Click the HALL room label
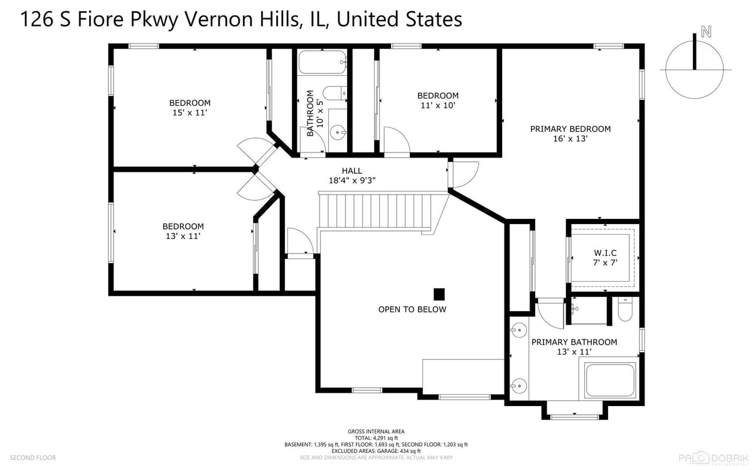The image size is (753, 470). pos(351,171)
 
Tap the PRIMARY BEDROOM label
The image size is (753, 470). pos(570,129)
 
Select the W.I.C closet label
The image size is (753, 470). pos(605,253)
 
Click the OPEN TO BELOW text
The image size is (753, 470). pos(412,309)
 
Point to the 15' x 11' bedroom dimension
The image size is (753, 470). pos(190,112)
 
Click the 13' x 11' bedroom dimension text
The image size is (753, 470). pos(183,236)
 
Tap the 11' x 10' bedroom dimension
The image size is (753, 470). pos(438,105)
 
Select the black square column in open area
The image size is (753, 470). pos(439,294)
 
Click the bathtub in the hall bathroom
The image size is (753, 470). pos(323,62)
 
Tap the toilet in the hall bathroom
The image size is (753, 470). pos(335,93)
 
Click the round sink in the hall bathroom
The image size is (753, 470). pos(338,133)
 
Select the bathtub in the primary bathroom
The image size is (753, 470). pos(610,380)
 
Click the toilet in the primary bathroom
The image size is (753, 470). pos(625,309)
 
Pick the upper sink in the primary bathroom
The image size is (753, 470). pos(519,330)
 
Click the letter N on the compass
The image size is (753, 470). pos(706,31)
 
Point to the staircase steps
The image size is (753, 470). pos(375,211)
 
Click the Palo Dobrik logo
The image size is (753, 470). pos(713,458)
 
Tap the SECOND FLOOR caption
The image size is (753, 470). pos(33,457)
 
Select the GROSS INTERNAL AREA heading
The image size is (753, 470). pos(376,431)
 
